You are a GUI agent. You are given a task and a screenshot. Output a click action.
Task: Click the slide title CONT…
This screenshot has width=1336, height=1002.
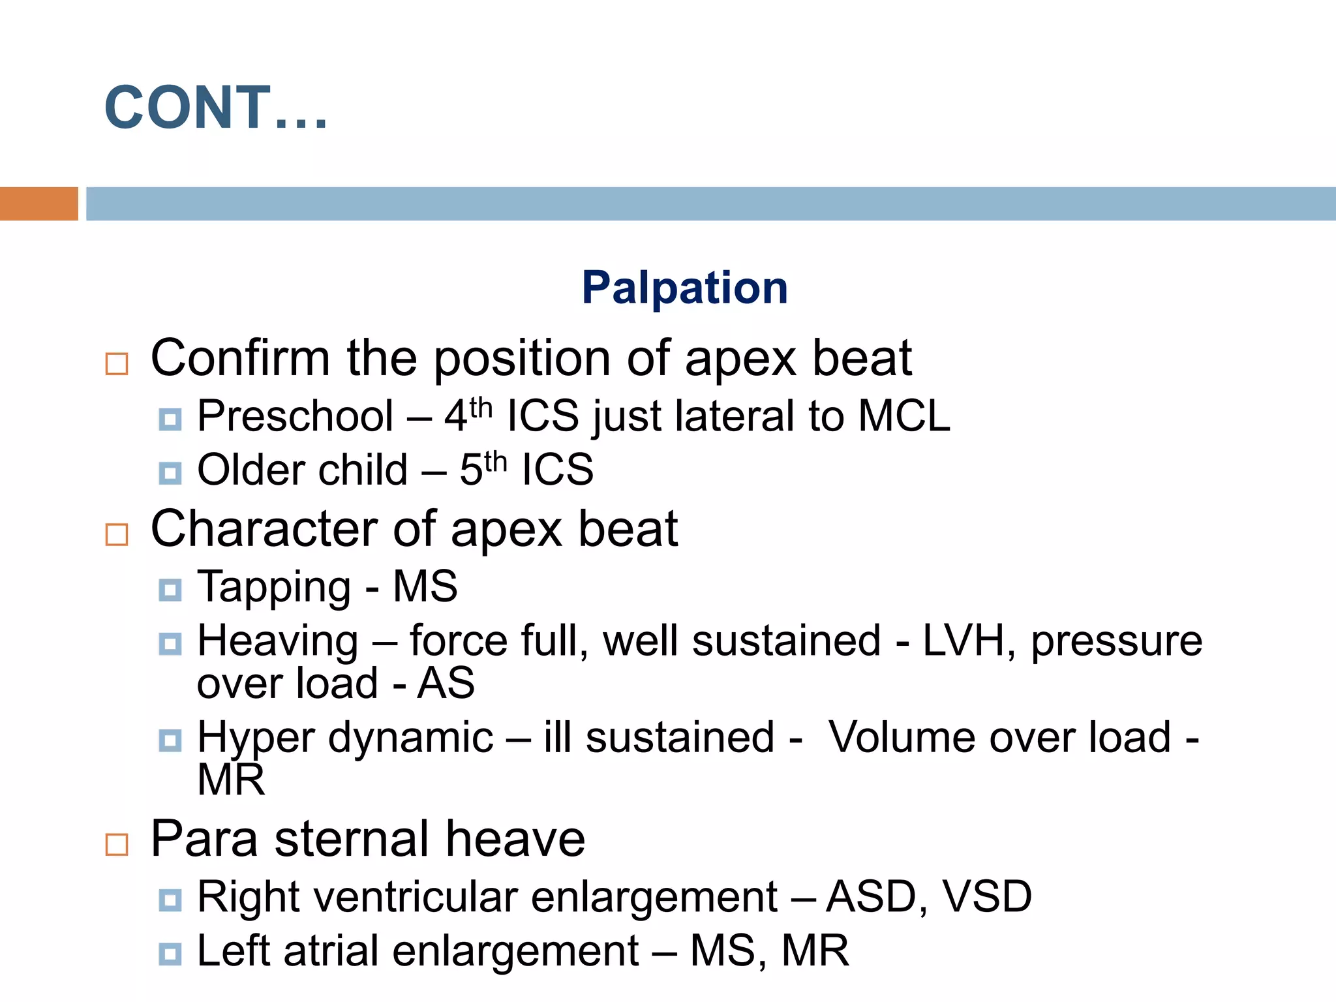pos(215,108)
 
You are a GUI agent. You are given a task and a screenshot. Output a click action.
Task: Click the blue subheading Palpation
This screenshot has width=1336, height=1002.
pos(684,288)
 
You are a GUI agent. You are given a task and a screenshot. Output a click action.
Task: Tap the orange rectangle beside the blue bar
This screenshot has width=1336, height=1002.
pos(38,204)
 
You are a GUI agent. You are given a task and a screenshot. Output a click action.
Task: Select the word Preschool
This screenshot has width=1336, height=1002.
pos(295,416)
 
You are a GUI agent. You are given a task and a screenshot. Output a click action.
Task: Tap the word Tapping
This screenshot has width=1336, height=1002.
pos(274,586)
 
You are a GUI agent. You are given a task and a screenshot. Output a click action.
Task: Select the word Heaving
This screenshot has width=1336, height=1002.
pos(278,641)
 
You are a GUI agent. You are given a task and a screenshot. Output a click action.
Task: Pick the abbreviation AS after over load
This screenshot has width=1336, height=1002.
pos(446,684)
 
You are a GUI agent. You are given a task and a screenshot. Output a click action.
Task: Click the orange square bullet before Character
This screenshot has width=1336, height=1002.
pos(117,534)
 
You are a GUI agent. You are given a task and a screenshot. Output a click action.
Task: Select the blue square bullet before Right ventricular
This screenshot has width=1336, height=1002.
pos(170,900)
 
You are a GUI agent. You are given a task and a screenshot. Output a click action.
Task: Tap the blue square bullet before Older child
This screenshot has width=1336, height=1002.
pos(170,473)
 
